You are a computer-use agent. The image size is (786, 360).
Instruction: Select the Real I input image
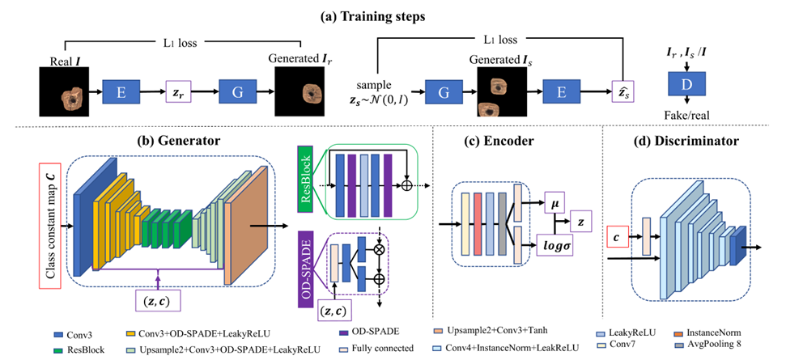point(62,91)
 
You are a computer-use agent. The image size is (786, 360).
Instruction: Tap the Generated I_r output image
point(297,91)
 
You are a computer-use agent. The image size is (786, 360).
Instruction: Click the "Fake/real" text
point(690,116)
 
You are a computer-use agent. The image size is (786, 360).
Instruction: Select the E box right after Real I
point(121,91)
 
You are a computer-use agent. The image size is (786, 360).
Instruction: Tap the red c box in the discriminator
point(618,238)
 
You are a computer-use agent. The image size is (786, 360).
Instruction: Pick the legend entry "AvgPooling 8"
point(715,347)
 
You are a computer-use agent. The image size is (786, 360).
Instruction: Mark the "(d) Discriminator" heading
point(692,142)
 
